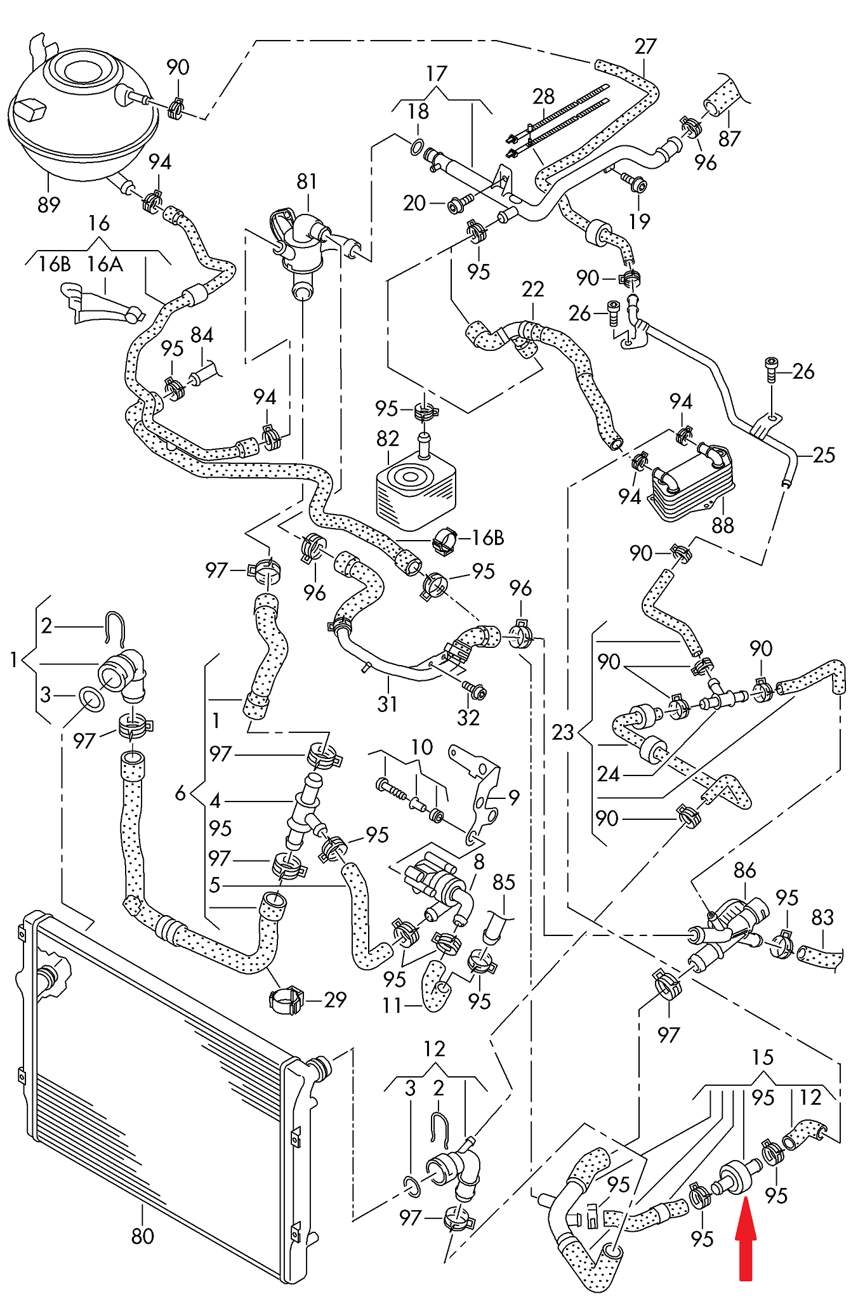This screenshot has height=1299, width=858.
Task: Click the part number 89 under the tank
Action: click(x=49, y=204)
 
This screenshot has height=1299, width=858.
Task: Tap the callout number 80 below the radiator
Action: click(x=142, y=1236)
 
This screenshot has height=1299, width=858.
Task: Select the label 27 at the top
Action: click(x=645, y=46)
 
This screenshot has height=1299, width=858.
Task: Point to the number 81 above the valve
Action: click(x=307, y=181)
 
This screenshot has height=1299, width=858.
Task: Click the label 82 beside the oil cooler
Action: click(x=388, y=438)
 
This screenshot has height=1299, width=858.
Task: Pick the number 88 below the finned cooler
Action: click(x=722, y=525)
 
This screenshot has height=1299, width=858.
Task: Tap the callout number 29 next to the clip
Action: click(x=335, y=999)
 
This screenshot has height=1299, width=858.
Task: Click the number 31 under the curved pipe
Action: click(x=387, y=704)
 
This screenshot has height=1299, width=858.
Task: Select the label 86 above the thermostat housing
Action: click(x=744, y=870)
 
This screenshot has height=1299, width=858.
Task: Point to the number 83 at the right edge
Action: click(x=822, y=917)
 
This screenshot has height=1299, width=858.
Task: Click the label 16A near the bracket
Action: click(x=105, y=264)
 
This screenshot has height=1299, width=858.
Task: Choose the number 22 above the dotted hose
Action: click(x=533, y=289)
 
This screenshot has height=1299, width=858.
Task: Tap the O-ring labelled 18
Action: click(x=416, y=147)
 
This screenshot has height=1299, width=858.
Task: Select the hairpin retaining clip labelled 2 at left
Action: click(x=115, y=628)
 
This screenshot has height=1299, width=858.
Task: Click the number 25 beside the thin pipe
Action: click(x=824, y=455)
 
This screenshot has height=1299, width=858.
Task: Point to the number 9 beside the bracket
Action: click(x=514, y=796)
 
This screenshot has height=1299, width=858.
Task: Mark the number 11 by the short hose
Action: click(x=392, y=1005)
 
